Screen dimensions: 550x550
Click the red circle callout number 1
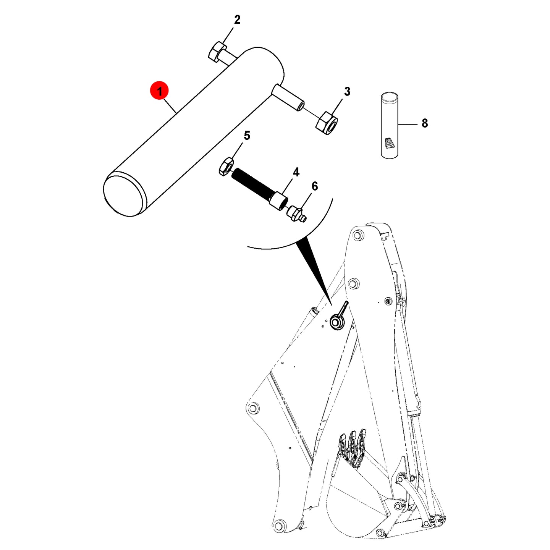click(x=160, y=91)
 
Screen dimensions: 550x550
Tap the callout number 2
click(x=237, y=20)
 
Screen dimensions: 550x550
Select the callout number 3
click(x=347, y=92)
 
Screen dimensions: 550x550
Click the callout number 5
click(x=247, y=136)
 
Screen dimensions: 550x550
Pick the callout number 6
click(x=314, y=186)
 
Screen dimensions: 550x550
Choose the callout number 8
click(x=425, y=123)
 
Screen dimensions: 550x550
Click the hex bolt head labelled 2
click(x=217, y=52)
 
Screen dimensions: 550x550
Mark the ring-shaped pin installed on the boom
click(x=337, y=322)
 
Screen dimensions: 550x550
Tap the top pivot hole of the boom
click(x=356, y=236)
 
